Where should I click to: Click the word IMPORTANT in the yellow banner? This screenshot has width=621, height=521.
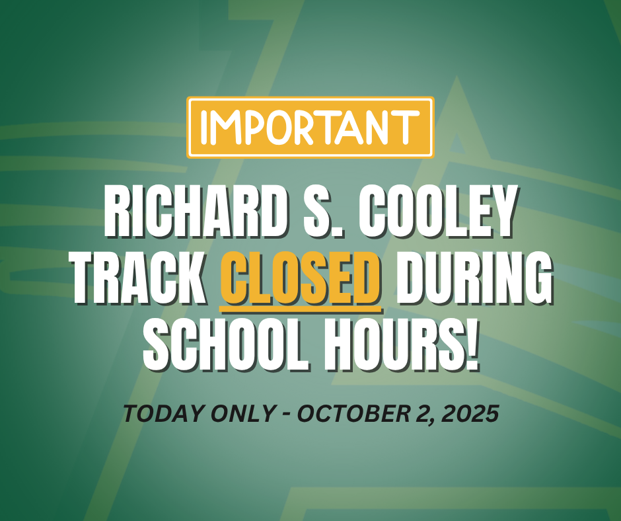[310, 128]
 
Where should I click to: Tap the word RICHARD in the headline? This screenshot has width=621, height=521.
[196, 211]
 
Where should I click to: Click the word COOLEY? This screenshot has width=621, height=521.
[439, 211]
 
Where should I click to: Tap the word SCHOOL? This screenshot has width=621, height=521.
[225, 344]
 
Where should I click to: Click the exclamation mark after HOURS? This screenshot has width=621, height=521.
[472, 344]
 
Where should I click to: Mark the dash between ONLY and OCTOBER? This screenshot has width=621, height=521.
[287, 415]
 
